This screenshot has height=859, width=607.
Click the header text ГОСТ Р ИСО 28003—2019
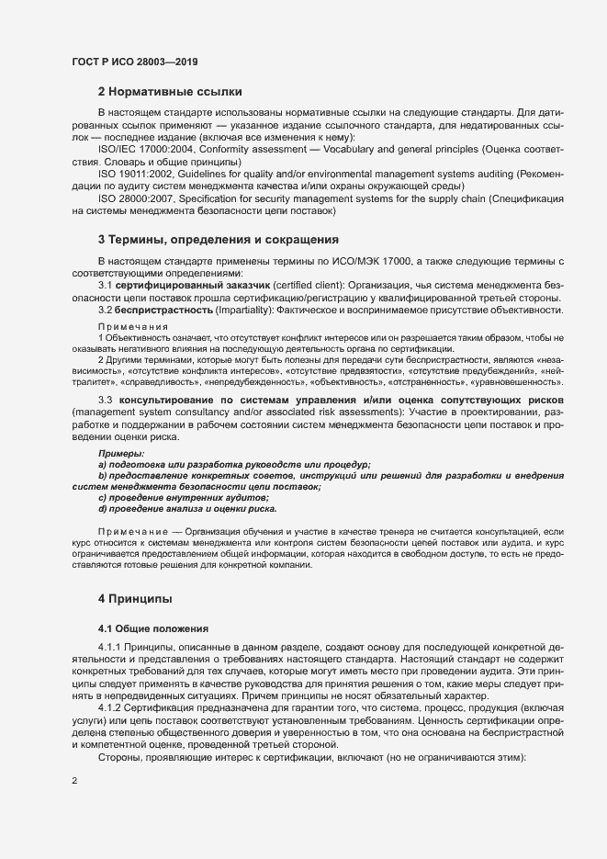tap(135, 61)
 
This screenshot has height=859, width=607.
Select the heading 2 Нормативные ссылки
tap(170, 92)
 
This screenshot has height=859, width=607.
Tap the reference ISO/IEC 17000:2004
tap(142, 149)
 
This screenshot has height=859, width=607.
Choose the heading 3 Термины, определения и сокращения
tap(219, 240)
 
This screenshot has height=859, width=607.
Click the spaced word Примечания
tap(133, 327)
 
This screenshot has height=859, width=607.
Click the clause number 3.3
tap(106, 401)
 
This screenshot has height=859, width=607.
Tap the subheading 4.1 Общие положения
tap(154, 628)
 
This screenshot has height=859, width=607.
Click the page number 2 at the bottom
tap(74, 781)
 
